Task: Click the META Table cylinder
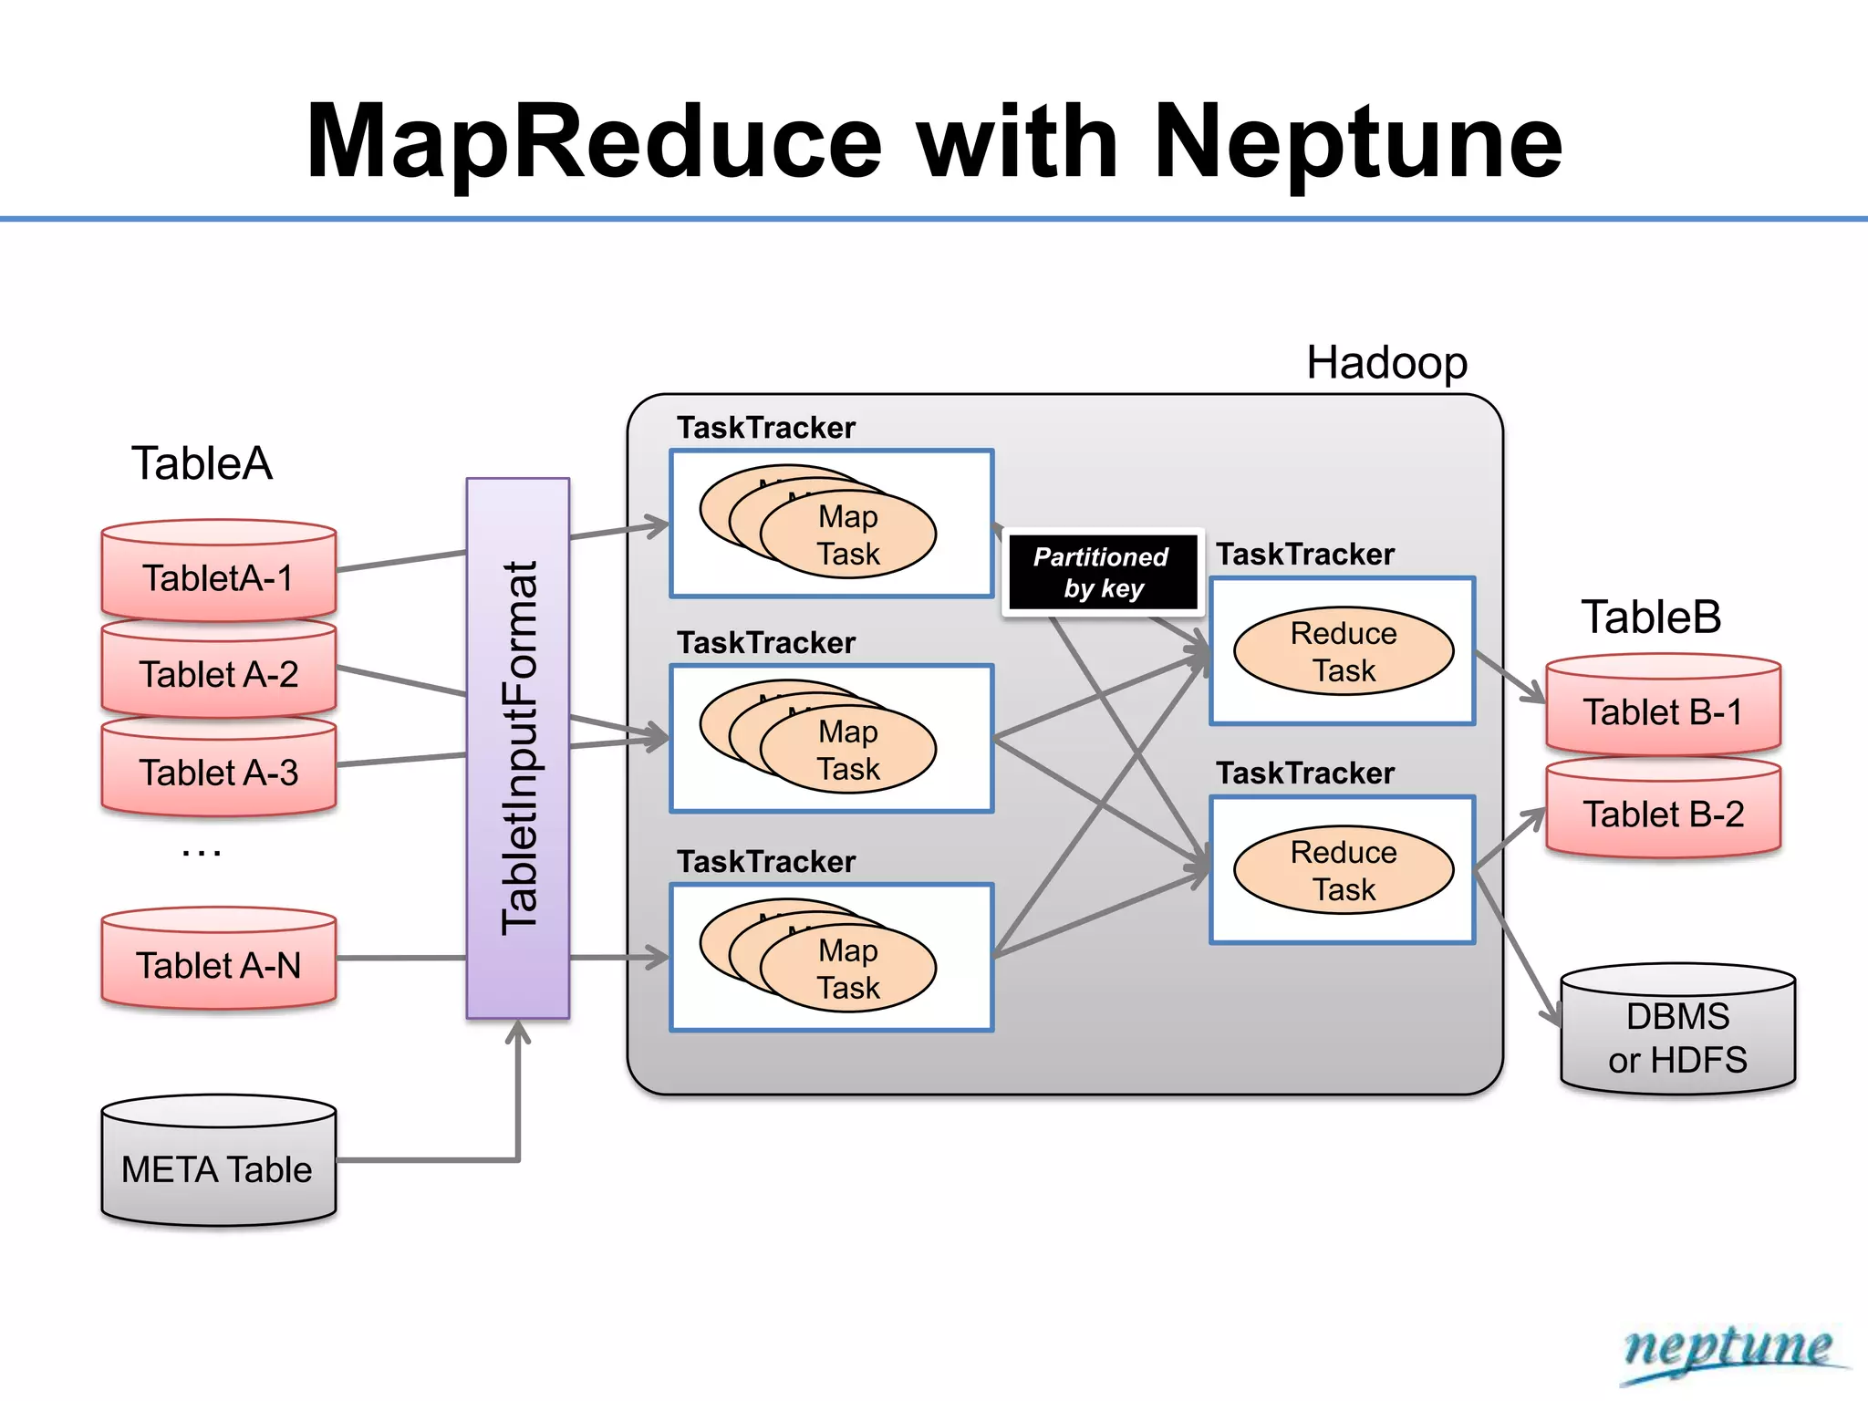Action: [219, 1167]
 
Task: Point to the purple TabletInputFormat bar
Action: [518, 748]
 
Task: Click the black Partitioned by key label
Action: [1102, 572]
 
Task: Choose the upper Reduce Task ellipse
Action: [1344, 651]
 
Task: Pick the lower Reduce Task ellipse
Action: [1344, 870]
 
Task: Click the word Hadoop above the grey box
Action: [1386, 363]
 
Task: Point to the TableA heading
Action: [202, 463]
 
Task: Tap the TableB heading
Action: [1651, 617]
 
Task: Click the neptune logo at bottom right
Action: [1728, 1350]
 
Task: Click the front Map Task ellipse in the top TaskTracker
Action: [848, 534]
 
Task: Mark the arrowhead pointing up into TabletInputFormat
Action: [518, 1032]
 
